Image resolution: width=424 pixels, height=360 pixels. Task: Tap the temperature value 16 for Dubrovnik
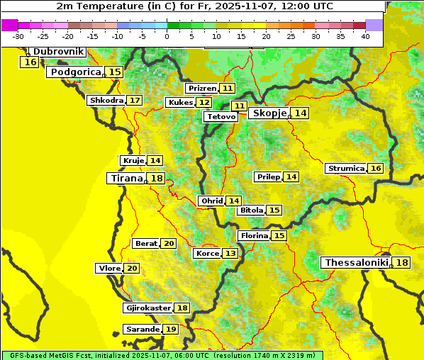click(30, 62)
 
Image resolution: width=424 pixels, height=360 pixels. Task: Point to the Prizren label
click(201, 89)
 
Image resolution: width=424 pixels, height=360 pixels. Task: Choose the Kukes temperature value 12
click(203, 103)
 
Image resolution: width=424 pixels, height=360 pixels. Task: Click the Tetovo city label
click(221, 116)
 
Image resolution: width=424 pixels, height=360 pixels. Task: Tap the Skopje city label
click(269, 113)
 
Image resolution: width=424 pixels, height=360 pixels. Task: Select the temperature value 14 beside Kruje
click(155, 161)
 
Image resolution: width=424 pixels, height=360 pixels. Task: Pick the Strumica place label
click(346, 169)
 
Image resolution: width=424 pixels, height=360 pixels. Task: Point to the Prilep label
click(268, 176)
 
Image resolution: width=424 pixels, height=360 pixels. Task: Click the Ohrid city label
click(211, 201)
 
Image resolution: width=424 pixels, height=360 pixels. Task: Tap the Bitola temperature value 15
click(274, 210)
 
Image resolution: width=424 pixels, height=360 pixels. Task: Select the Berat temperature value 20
click(168, 244)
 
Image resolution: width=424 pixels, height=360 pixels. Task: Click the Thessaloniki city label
click(357, 263)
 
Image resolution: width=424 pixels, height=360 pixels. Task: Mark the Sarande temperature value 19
click(170, 330)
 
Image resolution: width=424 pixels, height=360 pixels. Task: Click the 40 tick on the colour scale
click(365, 36)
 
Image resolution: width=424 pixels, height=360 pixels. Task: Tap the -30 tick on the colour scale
click(18, 36)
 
